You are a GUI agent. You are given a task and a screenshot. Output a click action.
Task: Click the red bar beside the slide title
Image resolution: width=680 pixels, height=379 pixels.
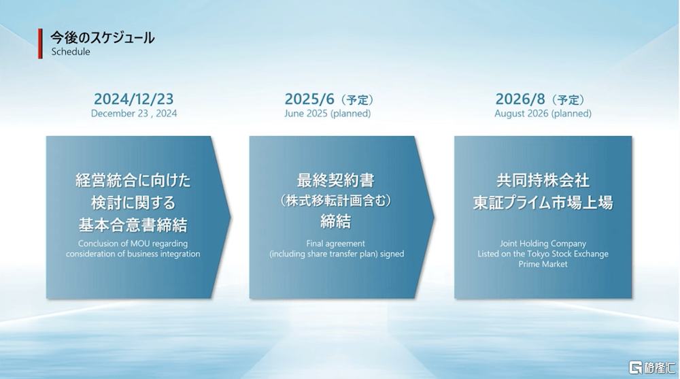coord(40,44)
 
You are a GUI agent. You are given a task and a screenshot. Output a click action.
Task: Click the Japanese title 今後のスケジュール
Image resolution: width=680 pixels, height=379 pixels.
coord(103,38)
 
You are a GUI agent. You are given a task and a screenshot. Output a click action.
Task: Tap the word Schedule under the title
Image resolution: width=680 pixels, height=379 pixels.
coord(71,52)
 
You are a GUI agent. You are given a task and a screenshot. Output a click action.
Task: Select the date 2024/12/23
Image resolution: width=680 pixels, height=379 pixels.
coord(133,99)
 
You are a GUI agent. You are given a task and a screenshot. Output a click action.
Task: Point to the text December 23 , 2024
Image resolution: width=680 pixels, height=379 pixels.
coord(134,114)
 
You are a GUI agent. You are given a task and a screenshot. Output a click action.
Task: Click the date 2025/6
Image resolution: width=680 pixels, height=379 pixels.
coord(309,99)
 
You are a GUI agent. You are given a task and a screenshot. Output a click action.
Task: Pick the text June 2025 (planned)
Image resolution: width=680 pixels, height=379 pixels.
coord(328,114)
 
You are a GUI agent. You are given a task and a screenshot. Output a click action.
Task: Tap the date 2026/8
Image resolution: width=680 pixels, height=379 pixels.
coord(520,99)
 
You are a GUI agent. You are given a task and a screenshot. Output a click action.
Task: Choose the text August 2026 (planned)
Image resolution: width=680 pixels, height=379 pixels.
coord(543,114)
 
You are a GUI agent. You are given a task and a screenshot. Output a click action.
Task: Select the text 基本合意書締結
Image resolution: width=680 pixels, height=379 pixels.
coord(133,225)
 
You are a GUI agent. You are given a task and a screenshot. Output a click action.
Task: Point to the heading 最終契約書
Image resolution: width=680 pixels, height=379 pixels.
coord(335,180)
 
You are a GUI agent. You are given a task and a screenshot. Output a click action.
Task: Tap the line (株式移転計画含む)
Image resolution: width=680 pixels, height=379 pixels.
coord(335,201)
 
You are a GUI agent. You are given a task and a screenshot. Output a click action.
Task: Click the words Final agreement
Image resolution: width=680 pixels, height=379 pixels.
coord(335,244)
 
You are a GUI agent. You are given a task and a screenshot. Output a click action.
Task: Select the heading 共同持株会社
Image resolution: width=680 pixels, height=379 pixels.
coord(543,180)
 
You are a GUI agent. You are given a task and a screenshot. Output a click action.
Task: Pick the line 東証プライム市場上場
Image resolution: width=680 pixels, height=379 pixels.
coord(543,202)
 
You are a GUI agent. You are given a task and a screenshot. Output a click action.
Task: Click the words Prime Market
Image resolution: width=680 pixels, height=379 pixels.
coord(543,264)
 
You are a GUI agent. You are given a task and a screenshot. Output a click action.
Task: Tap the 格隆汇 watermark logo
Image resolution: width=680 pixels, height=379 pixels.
coord(652,367)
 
